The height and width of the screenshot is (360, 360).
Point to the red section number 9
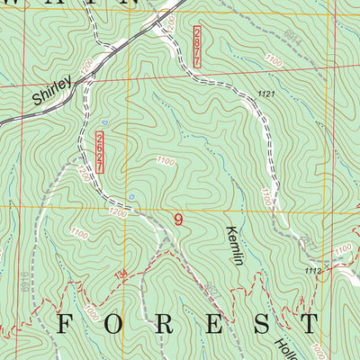click(x=178, y=220)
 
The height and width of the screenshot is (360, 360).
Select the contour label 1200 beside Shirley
click(x=85, y=65)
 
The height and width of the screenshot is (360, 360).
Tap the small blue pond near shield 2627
click(x=131, y=194)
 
